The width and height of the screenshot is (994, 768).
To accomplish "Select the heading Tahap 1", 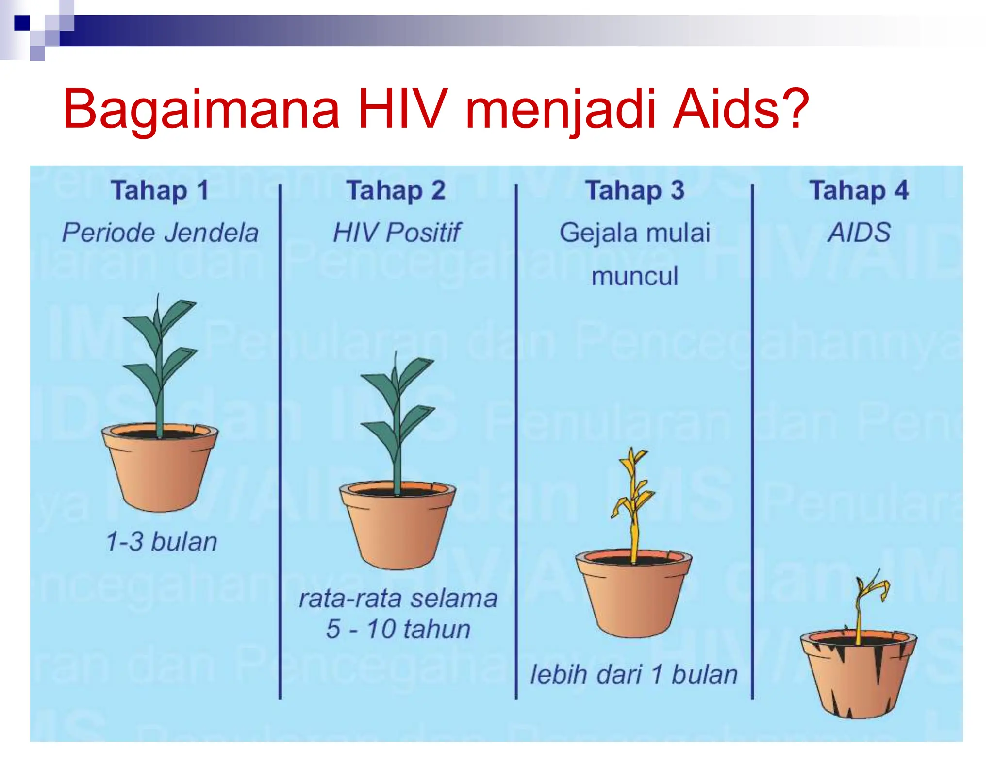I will [x=160, y=190].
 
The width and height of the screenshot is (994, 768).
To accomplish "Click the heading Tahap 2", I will [x=396, y=190].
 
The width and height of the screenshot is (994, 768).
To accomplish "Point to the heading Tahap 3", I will [x=635, y=190].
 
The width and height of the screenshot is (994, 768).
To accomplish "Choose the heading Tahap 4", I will [x=859, y=190].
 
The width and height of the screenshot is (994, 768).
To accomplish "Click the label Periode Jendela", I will [x=160, y=233].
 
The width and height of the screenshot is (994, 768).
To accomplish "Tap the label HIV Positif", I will [x=396, y=233].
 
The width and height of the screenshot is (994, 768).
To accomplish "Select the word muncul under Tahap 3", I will [x=635, y=276].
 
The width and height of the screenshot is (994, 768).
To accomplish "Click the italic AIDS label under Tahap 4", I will [x=859, y=233].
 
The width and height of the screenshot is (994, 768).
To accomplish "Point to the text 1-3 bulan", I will [x=161, y=541].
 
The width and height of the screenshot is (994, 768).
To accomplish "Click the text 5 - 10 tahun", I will [x=398, y=629].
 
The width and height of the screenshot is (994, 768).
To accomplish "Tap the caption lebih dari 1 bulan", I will [x=633, y=674].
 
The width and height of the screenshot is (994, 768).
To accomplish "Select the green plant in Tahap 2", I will [x=398, y=417].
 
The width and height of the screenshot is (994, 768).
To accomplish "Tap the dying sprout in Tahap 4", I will [x=866, y=602].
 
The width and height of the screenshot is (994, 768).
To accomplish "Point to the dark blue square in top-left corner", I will [x=22, y=23].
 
